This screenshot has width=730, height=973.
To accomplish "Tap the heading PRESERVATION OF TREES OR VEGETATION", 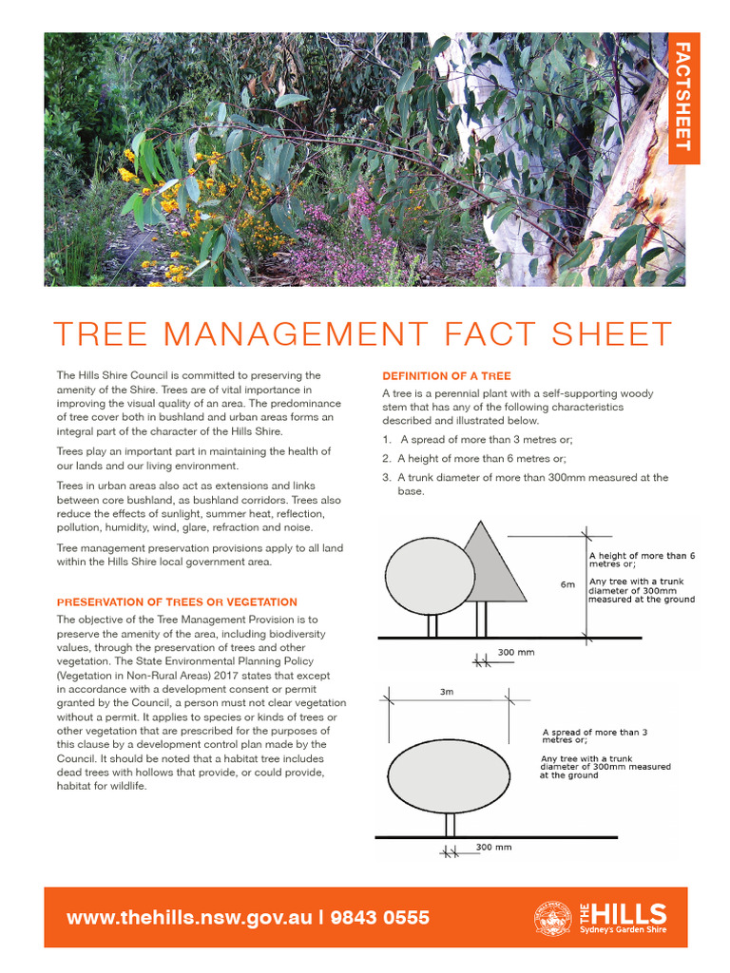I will point(177,602).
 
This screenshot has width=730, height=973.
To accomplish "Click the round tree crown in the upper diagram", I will point(430,576).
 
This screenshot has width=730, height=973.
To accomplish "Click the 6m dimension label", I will point(567,584).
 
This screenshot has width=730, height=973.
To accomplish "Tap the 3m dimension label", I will point(447,693).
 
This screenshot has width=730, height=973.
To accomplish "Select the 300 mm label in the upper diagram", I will point(516,653).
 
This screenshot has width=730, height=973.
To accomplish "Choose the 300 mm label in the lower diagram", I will point(493,847).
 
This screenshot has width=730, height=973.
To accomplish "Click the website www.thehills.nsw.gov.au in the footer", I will point(189,918).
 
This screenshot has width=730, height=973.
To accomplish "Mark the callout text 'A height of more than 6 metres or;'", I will point(642,559).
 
